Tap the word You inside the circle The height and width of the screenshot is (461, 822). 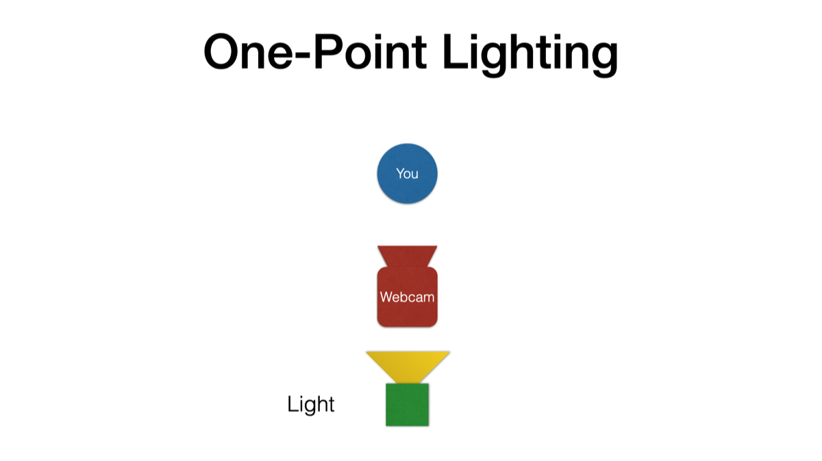407,174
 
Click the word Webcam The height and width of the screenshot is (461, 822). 407,297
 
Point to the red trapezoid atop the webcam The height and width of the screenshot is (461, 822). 407,256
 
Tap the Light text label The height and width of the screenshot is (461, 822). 310,404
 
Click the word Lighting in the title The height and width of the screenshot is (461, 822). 530,53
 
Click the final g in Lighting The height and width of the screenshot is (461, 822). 602,58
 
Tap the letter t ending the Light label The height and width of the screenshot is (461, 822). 331,404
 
